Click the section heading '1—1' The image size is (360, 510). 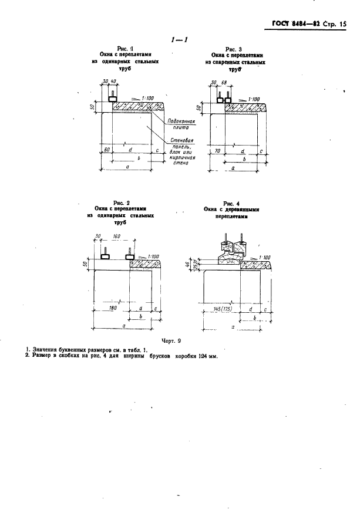178,40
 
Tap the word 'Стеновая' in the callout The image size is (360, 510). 181,141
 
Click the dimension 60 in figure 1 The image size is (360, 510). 107,150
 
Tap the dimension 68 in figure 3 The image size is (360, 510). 223,83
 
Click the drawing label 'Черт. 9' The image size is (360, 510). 177,341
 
